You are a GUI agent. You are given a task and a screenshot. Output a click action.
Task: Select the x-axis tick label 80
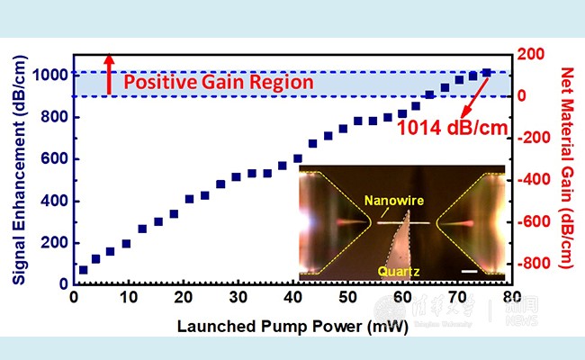[x=510, y=298]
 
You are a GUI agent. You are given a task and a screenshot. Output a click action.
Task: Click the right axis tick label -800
[x=536, y=264]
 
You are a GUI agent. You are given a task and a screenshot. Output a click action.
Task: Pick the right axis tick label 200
[x=531, y=54]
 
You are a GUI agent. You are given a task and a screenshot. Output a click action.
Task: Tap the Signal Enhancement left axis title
[x=18, y=168]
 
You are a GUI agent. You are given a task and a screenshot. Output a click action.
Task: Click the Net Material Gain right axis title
[x=567, y=168]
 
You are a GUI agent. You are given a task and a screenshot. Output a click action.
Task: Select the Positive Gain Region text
[x=218, y=83]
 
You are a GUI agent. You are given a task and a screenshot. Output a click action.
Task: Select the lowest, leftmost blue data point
[x=83, y=269]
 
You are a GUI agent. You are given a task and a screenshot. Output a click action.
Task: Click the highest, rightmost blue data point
[x=486, y=73]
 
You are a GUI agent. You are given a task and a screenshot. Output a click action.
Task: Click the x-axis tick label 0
[x=75, y=298]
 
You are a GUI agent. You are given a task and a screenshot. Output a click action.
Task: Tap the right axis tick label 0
[x=523, y=96]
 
